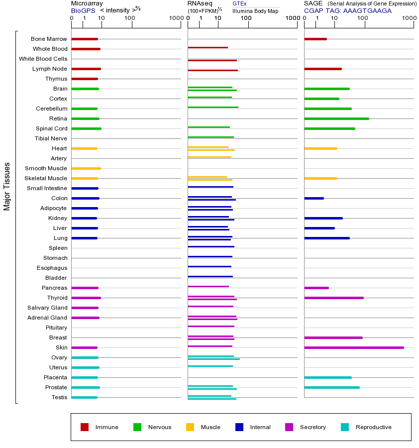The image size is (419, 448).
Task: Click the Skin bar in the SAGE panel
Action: (x=353, y=347)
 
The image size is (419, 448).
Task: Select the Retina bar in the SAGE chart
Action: (x=336, y=118)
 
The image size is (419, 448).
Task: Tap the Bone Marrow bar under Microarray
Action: (x=85, y=39)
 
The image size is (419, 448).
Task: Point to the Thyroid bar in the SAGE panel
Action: (x=333, y=298)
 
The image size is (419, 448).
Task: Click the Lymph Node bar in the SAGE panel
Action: (x=322, y=69)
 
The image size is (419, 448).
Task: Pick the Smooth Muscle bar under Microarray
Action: (x=86, y=168)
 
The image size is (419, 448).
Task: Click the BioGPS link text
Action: (x=83, y=10)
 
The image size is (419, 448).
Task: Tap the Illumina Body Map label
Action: (x=255, y=10)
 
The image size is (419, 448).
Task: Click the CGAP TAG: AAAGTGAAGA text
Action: (x=347, y=10)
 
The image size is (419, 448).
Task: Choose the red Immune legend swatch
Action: (x=85, y=427)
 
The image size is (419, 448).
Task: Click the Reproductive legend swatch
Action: (x=345, y=427)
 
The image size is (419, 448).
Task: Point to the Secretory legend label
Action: (x=313, y=427)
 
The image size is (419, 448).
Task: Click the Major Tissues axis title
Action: (x=7, y=186)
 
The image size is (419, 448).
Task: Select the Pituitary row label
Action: (x=56, y=328)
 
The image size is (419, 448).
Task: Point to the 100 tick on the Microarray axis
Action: (x=130, y=18)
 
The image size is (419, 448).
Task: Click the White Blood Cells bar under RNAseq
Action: (x=212, y=60)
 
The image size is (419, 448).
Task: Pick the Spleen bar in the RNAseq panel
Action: (x=210, y=246)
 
